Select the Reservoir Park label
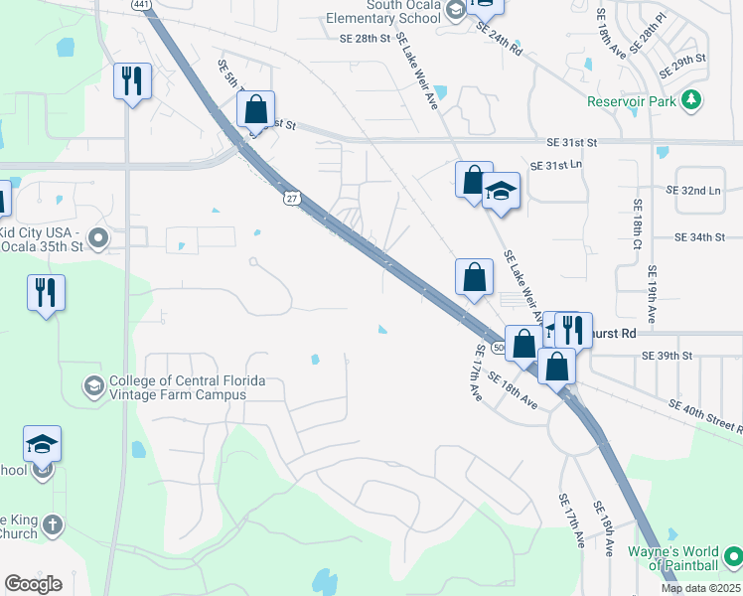pyautogui.click(x=630, y=101)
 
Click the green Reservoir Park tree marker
pyautogui.click(x=693, y=100)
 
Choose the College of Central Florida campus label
pyautogui.click(x=177, y=387)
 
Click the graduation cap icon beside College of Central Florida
pyautogui.click(x=93, y=386)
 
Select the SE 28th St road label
pyautogui.click(x=367, y=38)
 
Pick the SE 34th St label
pyautogui.click(x=707, y=237)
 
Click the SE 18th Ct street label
pyautogui.click(x=639, y=224)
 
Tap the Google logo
pyautogui.click(x=33, y=584)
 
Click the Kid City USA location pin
pyautogui.click(x=97, y=237)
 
